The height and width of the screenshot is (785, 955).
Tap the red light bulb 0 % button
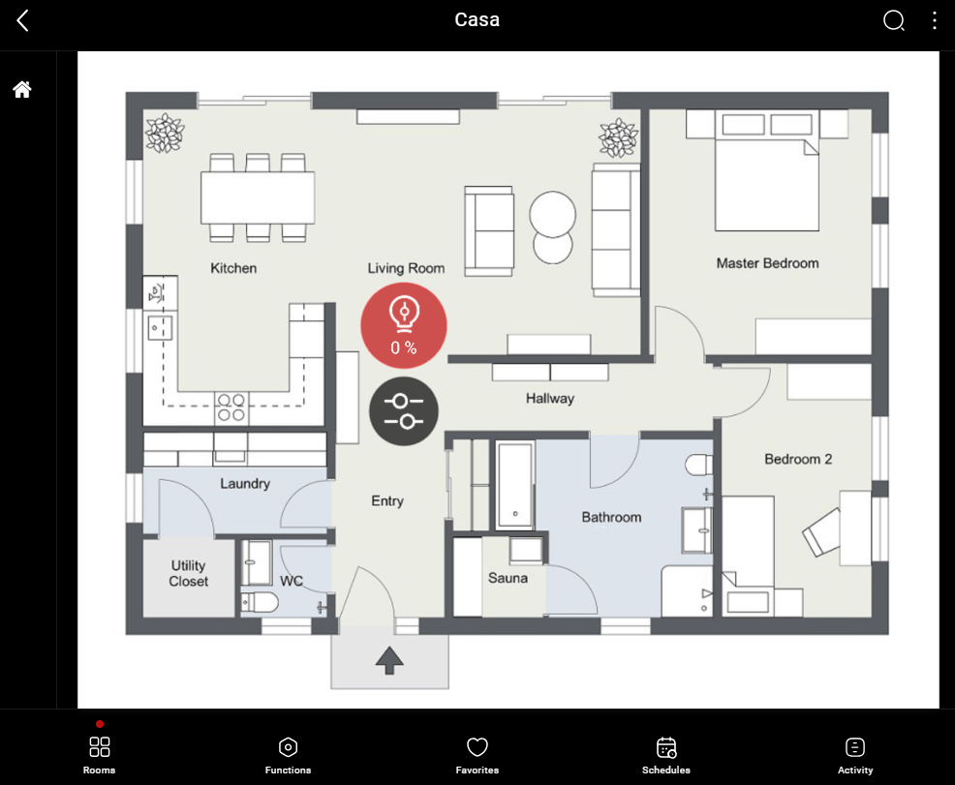(x=404, y=325)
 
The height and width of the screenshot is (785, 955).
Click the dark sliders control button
(x=404, y=411)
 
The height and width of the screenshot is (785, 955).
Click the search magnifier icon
(x=893, y=20)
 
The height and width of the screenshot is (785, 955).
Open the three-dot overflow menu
(x=934, y=20)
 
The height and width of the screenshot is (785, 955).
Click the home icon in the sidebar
(x=22, y=90)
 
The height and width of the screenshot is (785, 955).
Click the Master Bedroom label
(x=767, y=263)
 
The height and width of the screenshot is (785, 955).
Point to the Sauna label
(x=508, y=578)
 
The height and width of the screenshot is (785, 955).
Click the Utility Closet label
(x=189, y=573)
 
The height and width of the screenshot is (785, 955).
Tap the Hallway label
(x=550, y=398)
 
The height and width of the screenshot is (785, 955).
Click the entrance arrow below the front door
(x=389, y=661)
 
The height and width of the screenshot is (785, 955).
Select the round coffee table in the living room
(x=553, y=227)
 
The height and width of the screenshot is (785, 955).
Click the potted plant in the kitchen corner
(x=165, y=134)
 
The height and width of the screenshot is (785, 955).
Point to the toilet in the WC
(x=260, y=603)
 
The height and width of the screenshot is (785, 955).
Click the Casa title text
(x=477, y=20)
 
